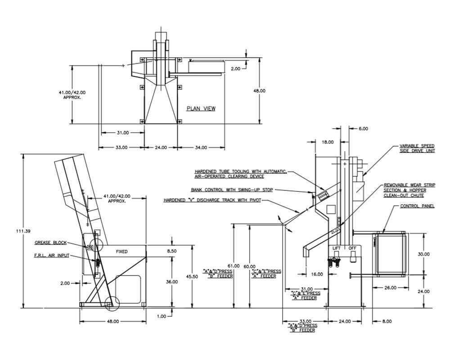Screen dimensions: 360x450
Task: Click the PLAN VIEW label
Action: pyautogui.click(x=201, y=108)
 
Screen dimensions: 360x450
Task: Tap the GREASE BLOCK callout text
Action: pyautogui.click(x=50, y=243)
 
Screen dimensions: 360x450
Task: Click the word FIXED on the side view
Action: pyautogui.click(x=122, y=252)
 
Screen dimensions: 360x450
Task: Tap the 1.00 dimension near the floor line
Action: pyautogui.click(x=161, y=316)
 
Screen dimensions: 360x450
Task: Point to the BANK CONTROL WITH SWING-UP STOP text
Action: pyautogui.click(x=232, y=190)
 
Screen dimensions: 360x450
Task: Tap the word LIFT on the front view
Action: pyautogui.click(x=337, y=248)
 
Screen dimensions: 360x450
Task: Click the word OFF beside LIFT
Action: pyautogui.click(x=352, y=248)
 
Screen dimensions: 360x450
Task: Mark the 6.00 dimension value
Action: pyautogui.click(x=363, y=129)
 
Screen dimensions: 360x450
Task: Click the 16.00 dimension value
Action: pyautogui.click(x=317, y=274)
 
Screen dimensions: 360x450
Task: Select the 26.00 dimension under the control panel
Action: pyautogui.click(x=390, y=287)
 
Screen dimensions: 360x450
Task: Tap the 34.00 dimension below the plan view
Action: pyautogui.click(x=201, y=147)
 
